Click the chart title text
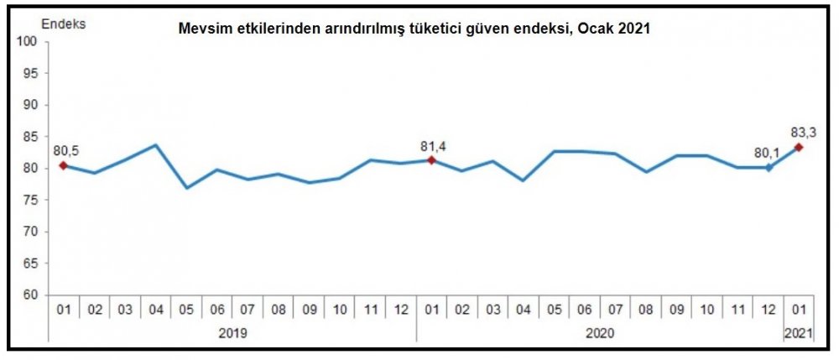[414, 28]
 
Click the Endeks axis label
[67, 23]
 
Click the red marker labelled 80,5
[63, 165]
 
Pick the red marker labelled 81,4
[431, 159]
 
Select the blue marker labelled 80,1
[769, 168]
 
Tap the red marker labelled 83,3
[799, 148]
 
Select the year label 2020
[600, 333]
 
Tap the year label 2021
[799, 333]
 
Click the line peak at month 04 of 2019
[155, 145]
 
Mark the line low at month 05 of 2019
[186, 188]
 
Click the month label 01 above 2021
[799, 310]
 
